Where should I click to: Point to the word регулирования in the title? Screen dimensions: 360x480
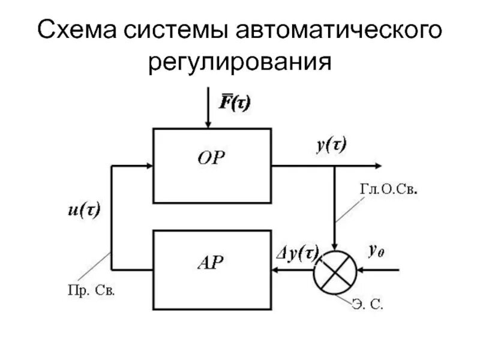coord(240,62)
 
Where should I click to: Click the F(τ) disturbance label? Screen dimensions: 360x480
coord(234,103)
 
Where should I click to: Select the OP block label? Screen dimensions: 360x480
coord(213,158)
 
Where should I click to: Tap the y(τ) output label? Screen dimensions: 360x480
coord(331,145)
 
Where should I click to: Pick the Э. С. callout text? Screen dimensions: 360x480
coord(368,305)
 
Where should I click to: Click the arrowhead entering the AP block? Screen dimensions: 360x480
coord(276,271)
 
